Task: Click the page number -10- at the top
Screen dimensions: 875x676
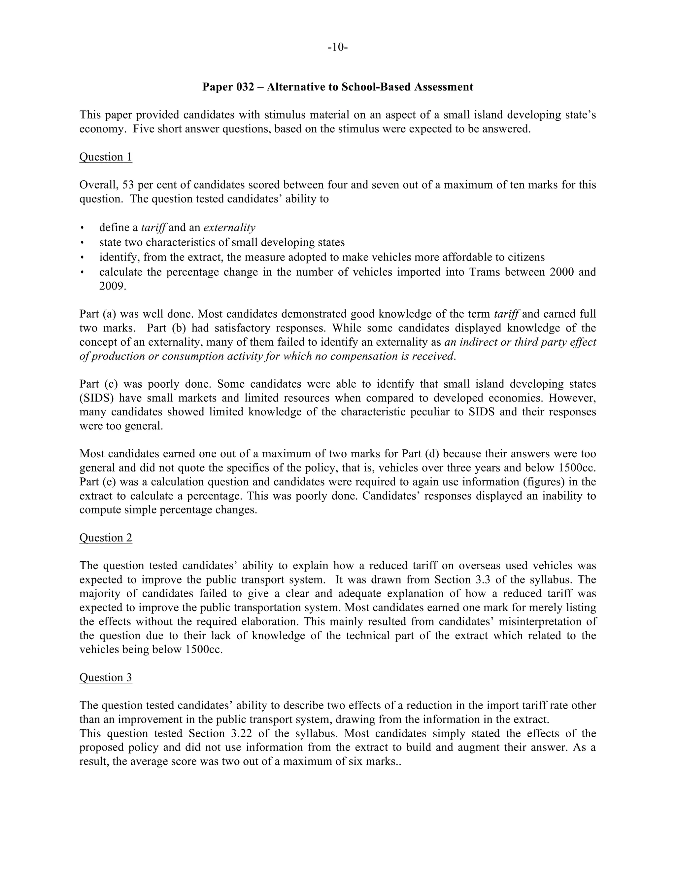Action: click(x=338, y=47)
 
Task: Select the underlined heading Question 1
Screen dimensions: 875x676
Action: click(x=106, y=157)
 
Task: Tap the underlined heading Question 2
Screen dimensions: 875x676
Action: click(x=106, y=538)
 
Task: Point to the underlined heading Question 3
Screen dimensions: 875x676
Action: click(x=106, y=678)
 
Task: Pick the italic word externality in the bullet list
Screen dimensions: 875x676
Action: click(x=229, y=228)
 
